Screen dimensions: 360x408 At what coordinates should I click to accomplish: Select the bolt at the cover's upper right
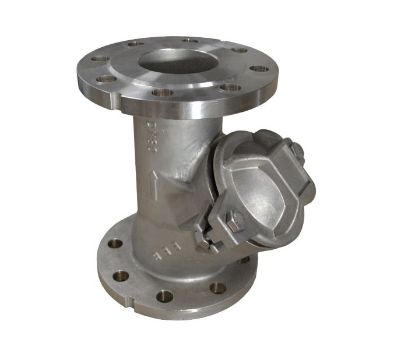click(x=297, y=150)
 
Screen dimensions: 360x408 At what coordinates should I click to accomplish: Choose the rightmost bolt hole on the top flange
click(x=259, y=69)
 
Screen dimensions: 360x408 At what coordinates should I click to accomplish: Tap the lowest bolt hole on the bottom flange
click(x=164, y=295)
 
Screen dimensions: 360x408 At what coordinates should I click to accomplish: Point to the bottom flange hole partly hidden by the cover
click(x=245, y=260)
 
